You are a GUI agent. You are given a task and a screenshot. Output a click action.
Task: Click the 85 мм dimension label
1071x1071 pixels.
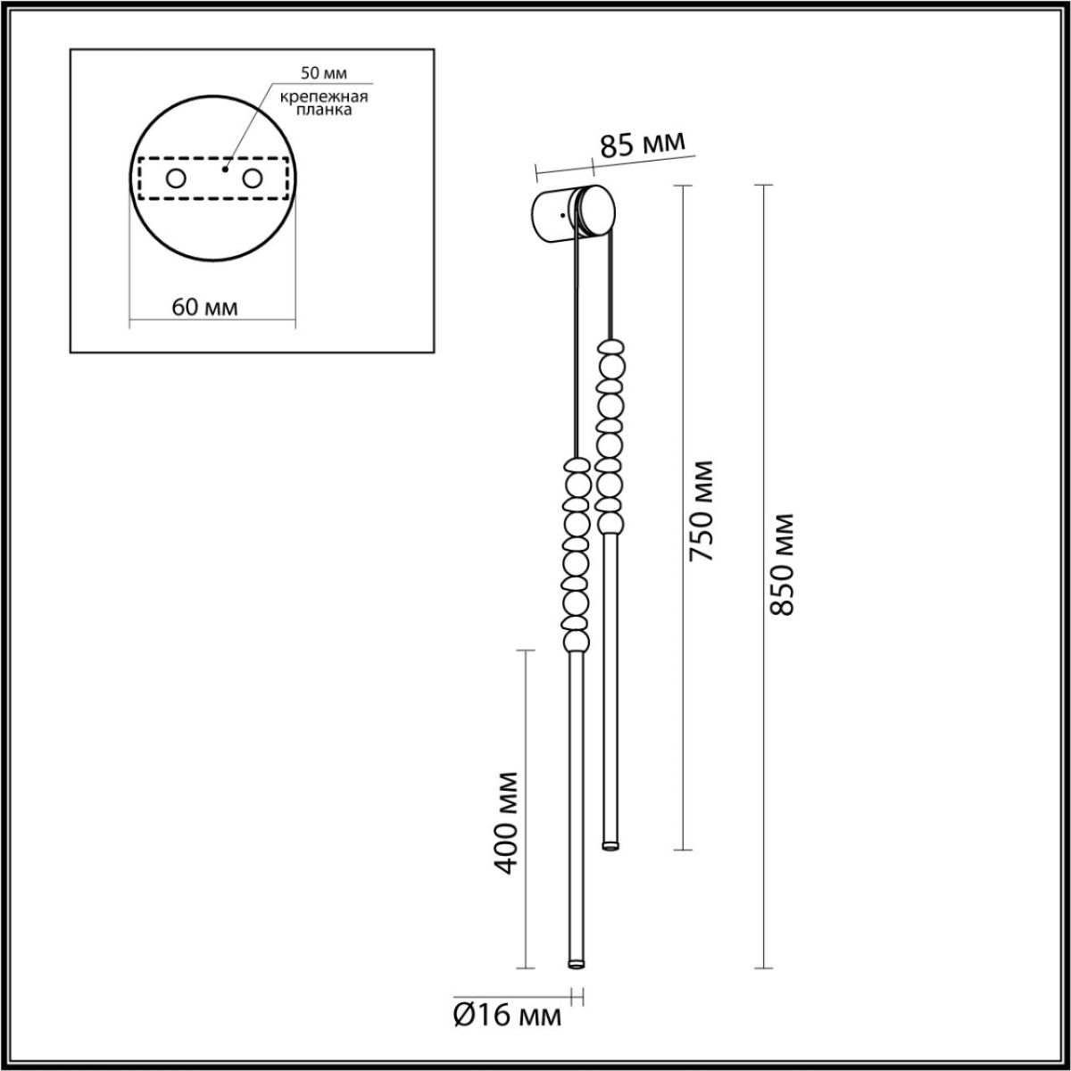point(642,145)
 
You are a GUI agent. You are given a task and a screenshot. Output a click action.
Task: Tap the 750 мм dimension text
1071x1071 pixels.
point(702,511)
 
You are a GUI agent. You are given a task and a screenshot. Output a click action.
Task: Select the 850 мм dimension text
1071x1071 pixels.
point(782,565)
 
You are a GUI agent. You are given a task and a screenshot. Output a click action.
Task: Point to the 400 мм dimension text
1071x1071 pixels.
point(506,822)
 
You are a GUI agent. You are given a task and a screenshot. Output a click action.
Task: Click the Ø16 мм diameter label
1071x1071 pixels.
point(508,1016)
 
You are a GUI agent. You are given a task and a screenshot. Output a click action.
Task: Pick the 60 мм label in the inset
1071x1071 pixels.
point(204,308)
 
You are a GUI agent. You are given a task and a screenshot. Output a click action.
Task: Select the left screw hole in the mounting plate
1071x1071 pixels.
point(175,178)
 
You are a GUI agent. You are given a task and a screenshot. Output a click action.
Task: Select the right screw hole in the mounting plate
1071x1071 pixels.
point(253,178)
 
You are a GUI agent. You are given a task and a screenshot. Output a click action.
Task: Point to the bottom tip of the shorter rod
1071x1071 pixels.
point(611,843)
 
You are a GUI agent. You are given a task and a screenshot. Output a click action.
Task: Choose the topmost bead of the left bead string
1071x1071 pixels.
point(576,465)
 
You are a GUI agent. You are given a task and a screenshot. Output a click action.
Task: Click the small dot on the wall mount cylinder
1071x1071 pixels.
point(560,215)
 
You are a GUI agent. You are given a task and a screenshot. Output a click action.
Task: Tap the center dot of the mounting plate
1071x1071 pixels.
point(225,168)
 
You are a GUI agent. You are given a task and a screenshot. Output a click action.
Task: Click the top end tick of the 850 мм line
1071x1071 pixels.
point(762,186)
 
